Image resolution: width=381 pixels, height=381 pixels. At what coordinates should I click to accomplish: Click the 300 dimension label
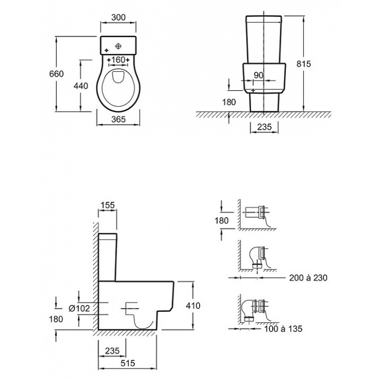pyautogui.click(x=118, y=17)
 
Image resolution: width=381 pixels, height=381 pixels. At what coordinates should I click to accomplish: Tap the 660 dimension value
pyautogui.click(x=57, y=73)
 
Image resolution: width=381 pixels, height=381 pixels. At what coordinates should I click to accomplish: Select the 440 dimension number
pyautogui.click(x=81, y=86)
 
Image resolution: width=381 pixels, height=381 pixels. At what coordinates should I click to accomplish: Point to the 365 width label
pyautogui.click(x=119, y=119)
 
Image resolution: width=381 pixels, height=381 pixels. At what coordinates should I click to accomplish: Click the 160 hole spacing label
pyautogui.click(x=118, y=59)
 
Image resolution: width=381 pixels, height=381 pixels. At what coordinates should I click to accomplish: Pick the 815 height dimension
pyautogui.click(x=304, y=64)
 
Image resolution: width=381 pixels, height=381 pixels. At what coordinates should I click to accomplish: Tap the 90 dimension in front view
pyautogui.click(x=259, y=75)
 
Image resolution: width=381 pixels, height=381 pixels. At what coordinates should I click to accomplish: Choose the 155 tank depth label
pyautogui.click(x=107, y=205)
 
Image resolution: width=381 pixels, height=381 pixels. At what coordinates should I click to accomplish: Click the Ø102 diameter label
pyautogui.click(x=79, y=309)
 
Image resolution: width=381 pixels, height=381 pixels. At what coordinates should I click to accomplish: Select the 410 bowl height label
pyautogui.click(x=193, y=305)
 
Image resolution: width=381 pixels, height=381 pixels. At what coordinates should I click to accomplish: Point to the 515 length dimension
pyautogui.click(x=128, y=363)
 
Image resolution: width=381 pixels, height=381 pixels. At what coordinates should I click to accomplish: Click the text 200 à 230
pyautogui.click(x=308, y=278)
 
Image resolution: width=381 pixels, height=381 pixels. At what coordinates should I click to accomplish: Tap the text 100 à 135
pyautogui.click(x=283, y=329)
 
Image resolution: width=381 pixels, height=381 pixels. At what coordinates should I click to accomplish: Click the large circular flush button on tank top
pyautogui.click(x=118, y=46)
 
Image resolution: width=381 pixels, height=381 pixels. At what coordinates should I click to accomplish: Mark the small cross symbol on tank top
pyautogui.click(x=106, y=50)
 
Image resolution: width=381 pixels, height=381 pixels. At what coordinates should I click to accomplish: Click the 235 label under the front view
pyautogui.click(x=265, y=127)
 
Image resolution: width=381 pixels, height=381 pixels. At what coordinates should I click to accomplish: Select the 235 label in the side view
pyautogui.click(x=113, y=351)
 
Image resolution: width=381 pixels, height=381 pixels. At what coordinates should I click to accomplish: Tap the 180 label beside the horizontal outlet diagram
pyautogui.click(x=222, y=220)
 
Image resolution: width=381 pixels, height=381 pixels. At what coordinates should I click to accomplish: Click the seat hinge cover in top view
pyautogui.click(x=118, y=76)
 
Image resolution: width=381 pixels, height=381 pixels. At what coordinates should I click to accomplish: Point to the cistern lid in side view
pyautogui.click(x=108, y=236)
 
